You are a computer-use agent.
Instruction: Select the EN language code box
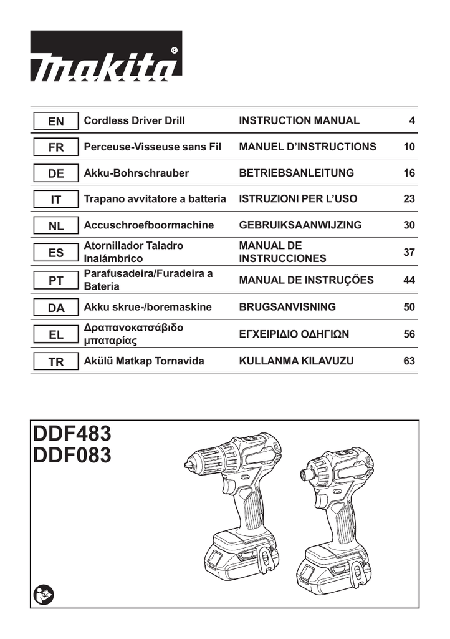coord(55,122)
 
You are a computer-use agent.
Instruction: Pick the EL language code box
coord(55,335)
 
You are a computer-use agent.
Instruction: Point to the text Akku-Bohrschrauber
coord(136,173)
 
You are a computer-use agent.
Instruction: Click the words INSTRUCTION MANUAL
coord(299,121)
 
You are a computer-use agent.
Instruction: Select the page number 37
coord(409,252)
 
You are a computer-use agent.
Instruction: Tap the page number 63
coord(409,361)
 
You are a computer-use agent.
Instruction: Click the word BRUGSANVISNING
coord(287,307)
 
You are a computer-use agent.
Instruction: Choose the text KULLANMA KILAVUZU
coord(296,361)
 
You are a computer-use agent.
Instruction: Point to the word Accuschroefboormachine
coord(148,225)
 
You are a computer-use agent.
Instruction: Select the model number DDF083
coord(72,456)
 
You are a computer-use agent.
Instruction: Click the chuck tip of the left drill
coord(186,465)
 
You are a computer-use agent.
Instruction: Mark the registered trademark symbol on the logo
coord(174,50)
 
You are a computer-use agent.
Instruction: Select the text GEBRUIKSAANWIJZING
coord(300,225)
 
